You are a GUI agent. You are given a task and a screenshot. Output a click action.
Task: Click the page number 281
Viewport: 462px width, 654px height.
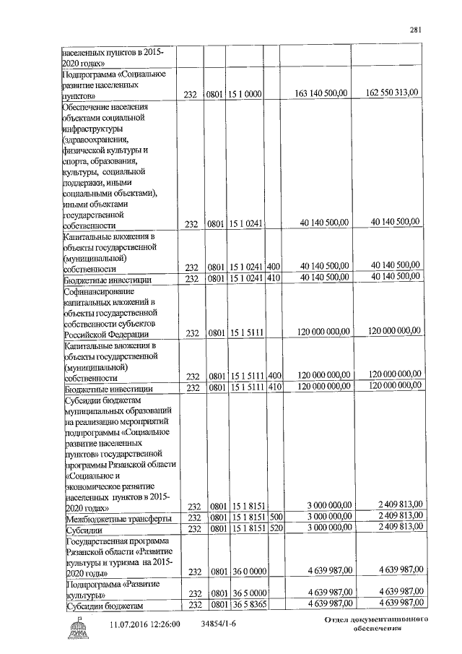(x=414, y=30)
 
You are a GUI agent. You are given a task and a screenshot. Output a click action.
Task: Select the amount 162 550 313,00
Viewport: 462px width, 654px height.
(x=393, y=93)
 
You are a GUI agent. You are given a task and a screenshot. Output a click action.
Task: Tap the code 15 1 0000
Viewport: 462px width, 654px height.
(x=245, y=94)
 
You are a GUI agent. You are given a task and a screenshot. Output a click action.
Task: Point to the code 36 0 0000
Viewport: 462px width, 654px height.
(x=245, y=572)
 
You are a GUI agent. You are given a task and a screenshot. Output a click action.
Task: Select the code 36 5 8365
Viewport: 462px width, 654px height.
(x=245, y=604)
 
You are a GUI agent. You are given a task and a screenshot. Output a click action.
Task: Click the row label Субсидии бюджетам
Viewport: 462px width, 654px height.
(x=105, y=605)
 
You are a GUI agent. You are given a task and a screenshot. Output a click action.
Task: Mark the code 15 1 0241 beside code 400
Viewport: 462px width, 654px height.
(x=245, y=266)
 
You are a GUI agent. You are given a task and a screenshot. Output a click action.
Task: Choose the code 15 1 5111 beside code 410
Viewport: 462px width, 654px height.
(x=245, y=387)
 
